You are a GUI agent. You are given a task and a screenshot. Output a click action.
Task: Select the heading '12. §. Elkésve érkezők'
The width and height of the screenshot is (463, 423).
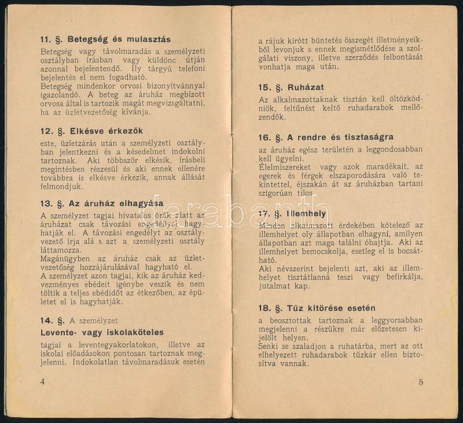click(x=91, y=130)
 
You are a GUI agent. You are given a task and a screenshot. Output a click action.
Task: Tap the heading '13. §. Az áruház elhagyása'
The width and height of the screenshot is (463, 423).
click(x=101, y=203)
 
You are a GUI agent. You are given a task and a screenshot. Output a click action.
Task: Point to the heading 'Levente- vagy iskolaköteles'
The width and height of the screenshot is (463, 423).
click(x=102, y=333)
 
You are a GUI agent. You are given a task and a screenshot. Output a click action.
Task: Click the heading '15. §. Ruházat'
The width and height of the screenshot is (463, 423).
click(x=291, y=87)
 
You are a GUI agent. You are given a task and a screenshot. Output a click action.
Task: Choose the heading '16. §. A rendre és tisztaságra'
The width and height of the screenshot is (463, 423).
click(x=326, y=137)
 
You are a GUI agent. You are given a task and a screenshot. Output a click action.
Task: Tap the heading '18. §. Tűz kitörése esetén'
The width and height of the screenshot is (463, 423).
click(x=317, y=308)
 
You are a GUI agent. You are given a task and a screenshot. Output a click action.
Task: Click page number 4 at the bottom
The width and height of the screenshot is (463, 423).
click(x=42, y=381)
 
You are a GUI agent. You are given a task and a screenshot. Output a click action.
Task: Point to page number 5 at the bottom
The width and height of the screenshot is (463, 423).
click(x=421, y=381)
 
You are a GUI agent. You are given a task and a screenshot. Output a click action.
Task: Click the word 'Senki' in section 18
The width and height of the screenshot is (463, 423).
click(x=269, y=346)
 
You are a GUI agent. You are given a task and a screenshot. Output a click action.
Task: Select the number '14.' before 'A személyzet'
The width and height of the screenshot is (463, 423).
click(x=47, y=320)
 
